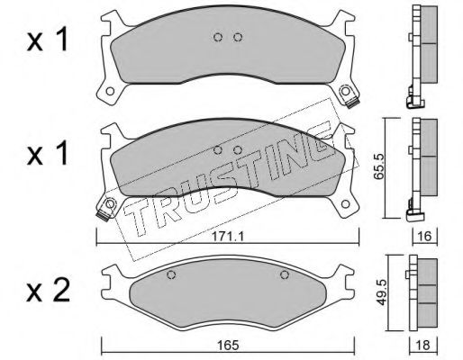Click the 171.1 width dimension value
pos(228,237)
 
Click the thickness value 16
pos(424,237)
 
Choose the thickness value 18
pos(422,346)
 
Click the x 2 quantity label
pos(48,291)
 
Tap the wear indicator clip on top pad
pos(352,103)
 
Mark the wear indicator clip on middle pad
pos(103,215)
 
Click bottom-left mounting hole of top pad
pos(110,91)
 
